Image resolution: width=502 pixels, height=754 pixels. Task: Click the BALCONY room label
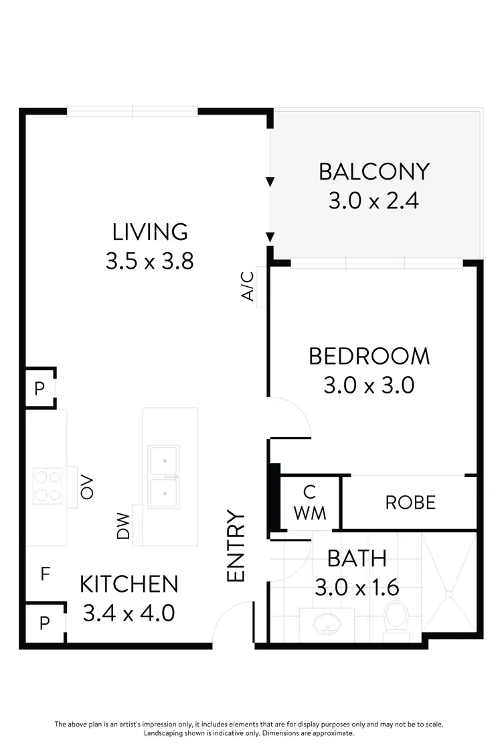[x=373, y=172]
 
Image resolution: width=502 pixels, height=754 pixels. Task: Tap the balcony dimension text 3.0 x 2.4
[x=373, y=200]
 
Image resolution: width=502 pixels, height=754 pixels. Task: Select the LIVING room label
[x=150, y=232]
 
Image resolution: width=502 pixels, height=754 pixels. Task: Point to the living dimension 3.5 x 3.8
[x=150, y=261]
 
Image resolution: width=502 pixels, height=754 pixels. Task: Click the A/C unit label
[x=248, y=286]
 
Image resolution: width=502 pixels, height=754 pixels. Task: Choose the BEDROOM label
[x=369, y=356]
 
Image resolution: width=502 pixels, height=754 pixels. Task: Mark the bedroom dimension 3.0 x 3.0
[x=369, y=385]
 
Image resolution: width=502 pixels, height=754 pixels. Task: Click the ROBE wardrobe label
[x=410, y=502]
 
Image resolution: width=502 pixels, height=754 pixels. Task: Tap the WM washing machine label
[x=309, y=513]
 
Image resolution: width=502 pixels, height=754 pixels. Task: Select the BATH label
[x=357, y=558]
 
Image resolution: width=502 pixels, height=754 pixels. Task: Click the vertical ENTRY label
[x=236, y=546]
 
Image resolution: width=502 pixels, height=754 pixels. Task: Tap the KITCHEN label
[x=129, y=584]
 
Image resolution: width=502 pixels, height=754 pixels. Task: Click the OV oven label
[x=86, y=487]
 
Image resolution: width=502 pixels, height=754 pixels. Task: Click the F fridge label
[x=45, y=574]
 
